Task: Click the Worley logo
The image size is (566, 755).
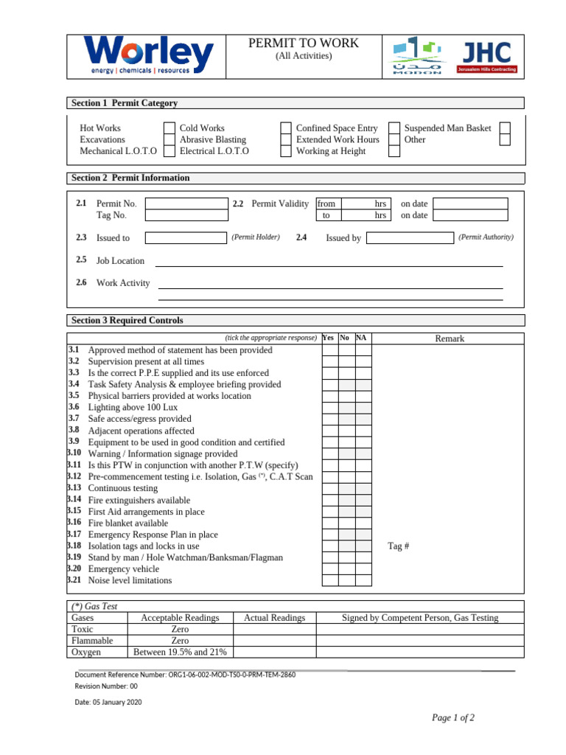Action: coord(149,56)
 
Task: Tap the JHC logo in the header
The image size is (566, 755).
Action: coord(487,56)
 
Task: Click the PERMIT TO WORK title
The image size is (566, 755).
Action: coord(304,44)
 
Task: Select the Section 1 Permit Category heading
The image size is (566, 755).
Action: coord(124,103)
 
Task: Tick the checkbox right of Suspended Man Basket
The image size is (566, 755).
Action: coord(505,128)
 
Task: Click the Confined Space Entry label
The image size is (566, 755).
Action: coord(336,128)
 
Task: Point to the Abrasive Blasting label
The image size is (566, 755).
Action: coord(213,139)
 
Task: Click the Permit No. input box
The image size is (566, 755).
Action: coord(186,203)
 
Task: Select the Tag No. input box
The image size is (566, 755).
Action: coord(186,215)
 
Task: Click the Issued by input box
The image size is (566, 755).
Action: coord(410,237)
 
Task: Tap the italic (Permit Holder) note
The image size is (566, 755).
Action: coord(256,237)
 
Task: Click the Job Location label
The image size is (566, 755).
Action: coord(120,261)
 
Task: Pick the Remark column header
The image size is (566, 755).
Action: coord(450,338)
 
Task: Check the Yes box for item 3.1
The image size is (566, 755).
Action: coord(329,350)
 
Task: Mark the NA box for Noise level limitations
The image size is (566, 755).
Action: coord(364,580)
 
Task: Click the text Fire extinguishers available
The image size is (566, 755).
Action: coord(139,500)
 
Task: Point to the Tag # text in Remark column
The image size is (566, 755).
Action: coord(398,546)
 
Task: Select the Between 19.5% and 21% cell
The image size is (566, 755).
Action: coord(180,652)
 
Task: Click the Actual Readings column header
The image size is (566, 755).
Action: coord(274,618)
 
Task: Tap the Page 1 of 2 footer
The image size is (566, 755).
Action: coord(453,718)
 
